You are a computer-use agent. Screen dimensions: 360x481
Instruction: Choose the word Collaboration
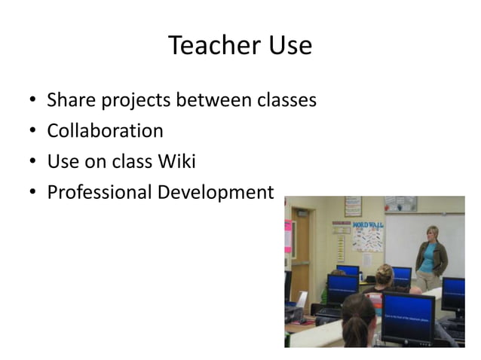pyautogui.click(x=105, y=131)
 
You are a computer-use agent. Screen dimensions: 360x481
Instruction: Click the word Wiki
pyautogui.click(x=176, y=161)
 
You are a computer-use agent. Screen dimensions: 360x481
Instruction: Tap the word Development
pyautogui.click(x=216, y=193)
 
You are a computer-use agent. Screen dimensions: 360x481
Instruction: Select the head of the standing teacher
pyautogui.click(x=432, y=233)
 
